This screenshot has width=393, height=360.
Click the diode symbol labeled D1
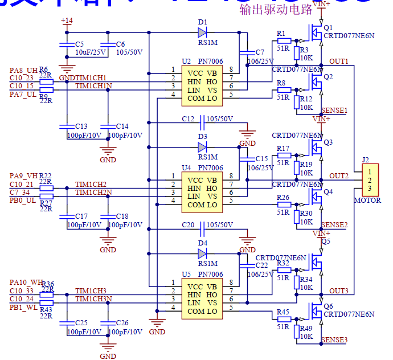pos(202,31)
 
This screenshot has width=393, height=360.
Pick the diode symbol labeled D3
pos(202,146)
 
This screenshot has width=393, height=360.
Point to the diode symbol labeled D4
pos(202,253)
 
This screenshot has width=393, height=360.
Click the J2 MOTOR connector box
pos(370,180)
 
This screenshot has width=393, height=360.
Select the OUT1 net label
pos(338,61)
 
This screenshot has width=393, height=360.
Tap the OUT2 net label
pos(338,175)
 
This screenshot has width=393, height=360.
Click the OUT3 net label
pos(338,291)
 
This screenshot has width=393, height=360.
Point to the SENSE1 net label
pos(334,110)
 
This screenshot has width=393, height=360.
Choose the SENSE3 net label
pos(334,340)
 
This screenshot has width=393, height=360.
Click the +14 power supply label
pos(67,21)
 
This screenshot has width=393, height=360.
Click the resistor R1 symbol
pos(284,41)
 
